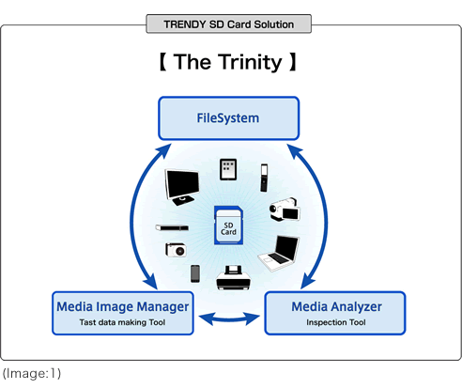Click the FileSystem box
229,118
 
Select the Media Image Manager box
123,313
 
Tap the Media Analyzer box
335,313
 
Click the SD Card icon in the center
228,225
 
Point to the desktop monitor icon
182,187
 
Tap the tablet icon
228,169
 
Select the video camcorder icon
285,210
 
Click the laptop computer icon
279,253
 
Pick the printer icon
233,278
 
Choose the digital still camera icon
176,250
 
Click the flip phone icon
264,178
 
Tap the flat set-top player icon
172,227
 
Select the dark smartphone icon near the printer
195,273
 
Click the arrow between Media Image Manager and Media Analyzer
229,319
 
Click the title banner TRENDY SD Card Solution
229,23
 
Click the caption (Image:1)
32,373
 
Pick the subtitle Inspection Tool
336,322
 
